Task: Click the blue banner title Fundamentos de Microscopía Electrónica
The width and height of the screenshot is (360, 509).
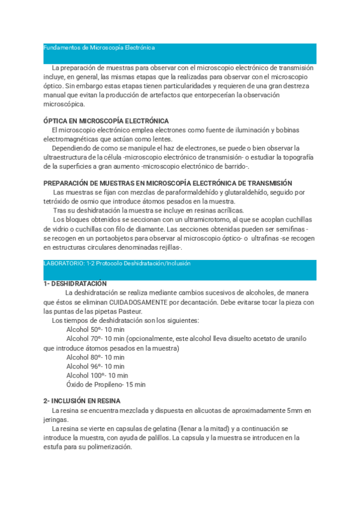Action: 100,47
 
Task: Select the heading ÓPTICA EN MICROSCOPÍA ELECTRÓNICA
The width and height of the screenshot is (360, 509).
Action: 106,121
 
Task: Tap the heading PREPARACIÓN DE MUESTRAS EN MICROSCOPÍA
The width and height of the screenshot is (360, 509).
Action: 168,183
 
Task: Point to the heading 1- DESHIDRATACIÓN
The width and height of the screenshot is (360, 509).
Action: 75,283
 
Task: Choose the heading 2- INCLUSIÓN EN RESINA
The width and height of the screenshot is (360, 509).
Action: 82,401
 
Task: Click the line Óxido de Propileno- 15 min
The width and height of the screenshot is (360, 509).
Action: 106,384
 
